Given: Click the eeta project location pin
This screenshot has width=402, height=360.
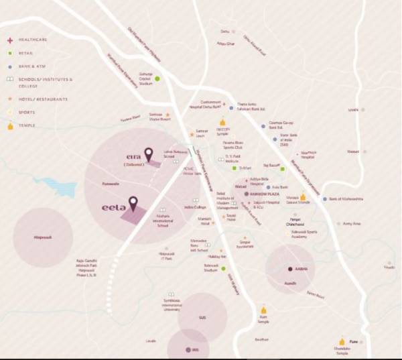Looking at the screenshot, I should click(133, 202).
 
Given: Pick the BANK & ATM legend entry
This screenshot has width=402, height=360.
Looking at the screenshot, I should click(36, 67).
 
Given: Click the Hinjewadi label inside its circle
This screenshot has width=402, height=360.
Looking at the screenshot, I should click(43, 237).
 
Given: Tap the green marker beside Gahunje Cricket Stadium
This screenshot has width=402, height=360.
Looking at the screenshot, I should click(157, 78).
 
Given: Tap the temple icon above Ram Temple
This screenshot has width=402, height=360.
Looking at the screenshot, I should click(263, 310).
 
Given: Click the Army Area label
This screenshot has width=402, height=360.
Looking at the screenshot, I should click(352, 223).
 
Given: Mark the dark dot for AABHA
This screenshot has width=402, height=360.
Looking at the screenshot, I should click(289, 269).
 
